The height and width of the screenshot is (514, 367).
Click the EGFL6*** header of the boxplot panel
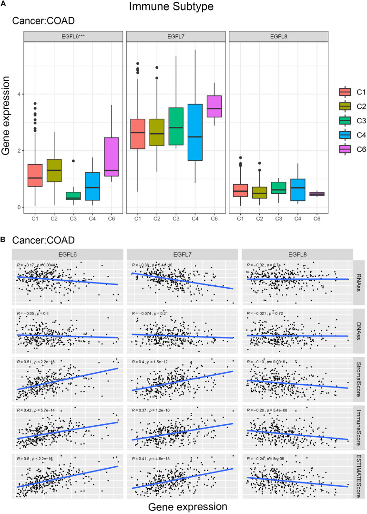70,36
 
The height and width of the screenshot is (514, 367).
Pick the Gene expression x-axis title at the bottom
183,505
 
